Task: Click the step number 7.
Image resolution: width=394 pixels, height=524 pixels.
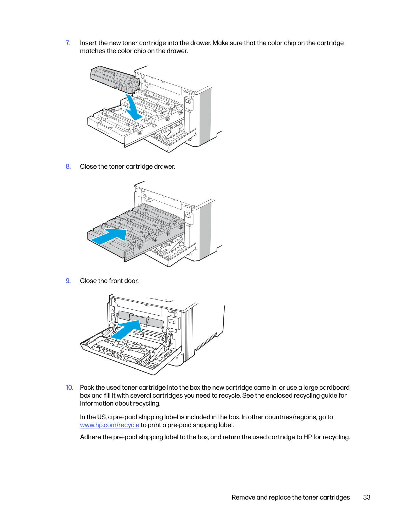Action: (x=68, y=43)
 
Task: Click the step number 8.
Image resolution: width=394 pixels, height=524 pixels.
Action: (x=68, y=166)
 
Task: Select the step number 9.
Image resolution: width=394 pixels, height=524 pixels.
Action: (x=68, y=281)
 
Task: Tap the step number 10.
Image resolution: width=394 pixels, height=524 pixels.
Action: (x=69, y=387)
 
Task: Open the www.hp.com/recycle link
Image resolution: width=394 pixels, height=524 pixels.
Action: (x=110, y=425)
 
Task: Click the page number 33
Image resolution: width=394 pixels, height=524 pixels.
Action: (x=367, y=497)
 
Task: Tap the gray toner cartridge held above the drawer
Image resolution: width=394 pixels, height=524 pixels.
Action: (x=114, y=79)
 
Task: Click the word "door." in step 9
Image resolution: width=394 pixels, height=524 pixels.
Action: (x=132, y=281)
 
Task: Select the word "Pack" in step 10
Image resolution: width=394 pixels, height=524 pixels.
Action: (x=87, y=387)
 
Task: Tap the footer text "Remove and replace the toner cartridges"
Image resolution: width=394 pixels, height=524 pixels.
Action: (x=291, y=497)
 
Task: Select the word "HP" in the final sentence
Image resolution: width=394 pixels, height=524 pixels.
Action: (x=308, y=437)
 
